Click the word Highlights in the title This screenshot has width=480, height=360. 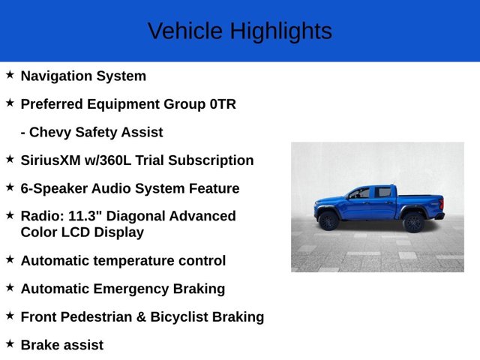(x=280, y=31)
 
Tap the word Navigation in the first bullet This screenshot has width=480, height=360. (x=57, y=76)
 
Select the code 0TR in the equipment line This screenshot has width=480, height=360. (x=223, y=104)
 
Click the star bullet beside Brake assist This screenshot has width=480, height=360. (x=10, y=343)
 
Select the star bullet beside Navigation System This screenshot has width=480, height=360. (x=10, y=74)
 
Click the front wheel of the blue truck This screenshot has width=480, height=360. (x=328, y=221)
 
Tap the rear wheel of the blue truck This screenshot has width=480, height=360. (x=413, y=221)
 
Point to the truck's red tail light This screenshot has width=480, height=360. (x=442, y=202)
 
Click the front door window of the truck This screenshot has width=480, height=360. (x=361, y=193)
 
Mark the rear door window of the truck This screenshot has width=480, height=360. (x=383, y=193)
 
